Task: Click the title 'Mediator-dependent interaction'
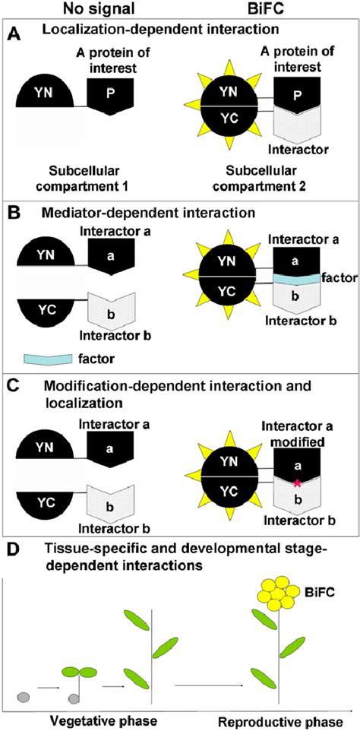click(x=134, y=225)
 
